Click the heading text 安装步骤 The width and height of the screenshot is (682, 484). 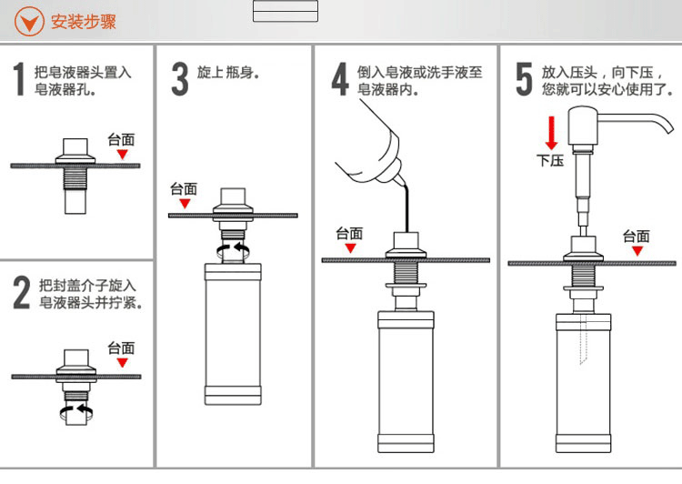coord(84,21)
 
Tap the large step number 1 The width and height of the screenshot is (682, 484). coord(19,80)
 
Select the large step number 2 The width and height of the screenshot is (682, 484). coord(21,293)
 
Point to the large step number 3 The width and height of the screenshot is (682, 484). coord(180,80)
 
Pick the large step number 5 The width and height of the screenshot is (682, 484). coord(524,80)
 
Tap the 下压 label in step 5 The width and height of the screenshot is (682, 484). coord(550,161)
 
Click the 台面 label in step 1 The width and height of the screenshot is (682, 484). coord(121,139)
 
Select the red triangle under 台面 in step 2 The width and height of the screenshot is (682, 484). coord(122,363)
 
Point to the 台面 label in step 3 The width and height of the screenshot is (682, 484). coord(184,189)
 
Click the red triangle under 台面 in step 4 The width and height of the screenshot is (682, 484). coord(349,247)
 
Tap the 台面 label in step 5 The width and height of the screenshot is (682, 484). coord(637,237)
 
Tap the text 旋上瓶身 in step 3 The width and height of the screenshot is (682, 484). coord(228,72)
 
